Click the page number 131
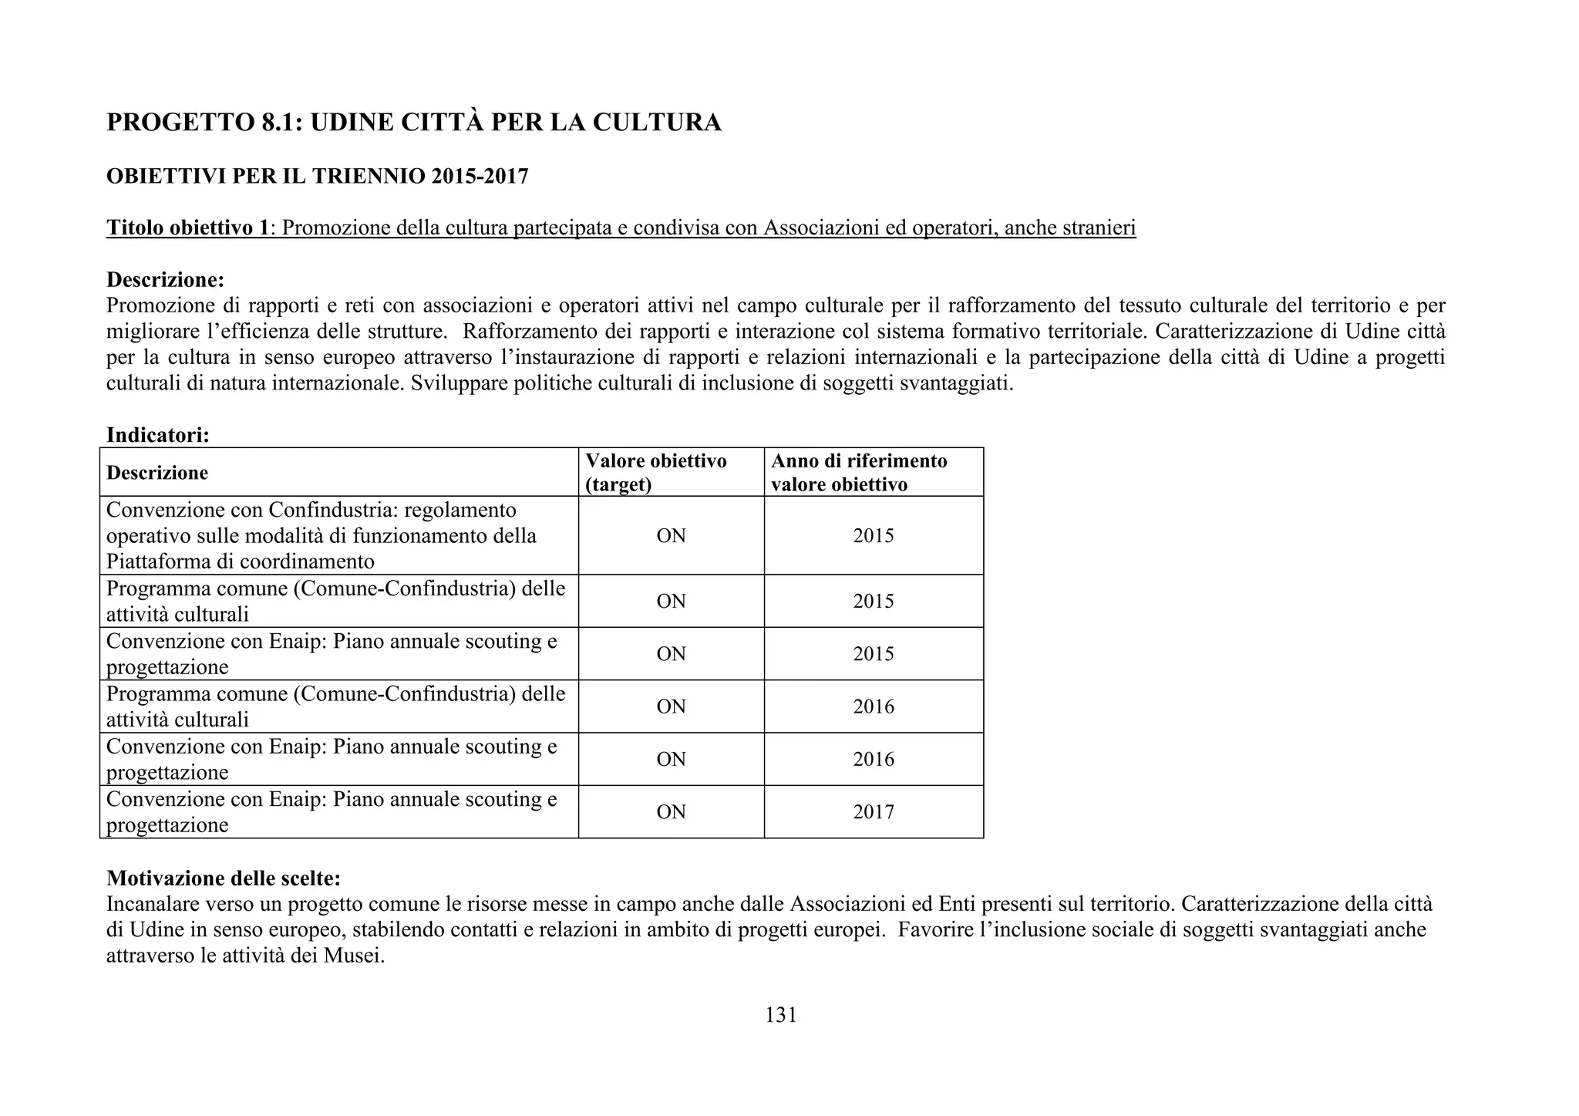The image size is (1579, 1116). point(780,1015)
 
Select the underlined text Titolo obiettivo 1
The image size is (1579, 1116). point(189,228)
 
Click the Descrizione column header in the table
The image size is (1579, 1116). point(157,473)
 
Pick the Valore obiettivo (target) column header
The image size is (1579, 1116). point(655,472)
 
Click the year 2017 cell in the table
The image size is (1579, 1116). point(873,812)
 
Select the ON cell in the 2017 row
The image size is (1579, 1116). point(671,812)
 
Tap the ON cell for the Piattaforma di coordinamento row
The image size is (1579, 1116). point(671,536)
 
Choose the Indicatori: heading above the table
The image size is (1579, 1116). point(158,435)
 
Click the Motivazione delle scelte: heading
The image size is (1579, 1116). point(224,878)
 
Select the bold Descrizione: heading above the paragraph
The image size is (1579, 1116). point(165,279)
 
